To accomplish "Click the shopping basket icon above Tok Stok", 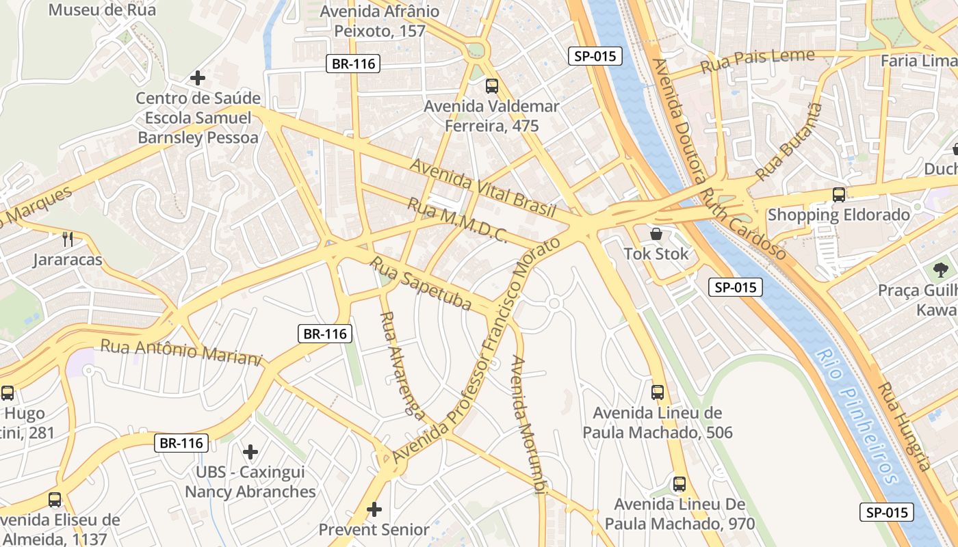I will pyautogui.click(x=656, y=235).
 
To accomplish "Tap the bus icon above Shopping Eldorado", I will pyautogui.click(x=839, y=195).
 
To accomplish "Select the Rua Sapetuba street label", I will pyautogui.click(x=421, y=282).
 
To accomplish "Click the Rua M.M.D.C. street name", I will pyautogui.click(x=456, y=220).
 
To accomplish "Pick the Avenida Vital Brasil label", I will pyautogui.click(x=482, y=188).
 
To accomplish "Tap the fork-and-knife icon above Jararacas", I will pyautogui.click(x=68, y=239).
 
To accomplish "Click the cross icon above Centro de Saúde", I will pyautogui.click(x=198, y=78).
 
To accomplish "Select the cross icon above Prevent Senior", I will pyautogui.click(x=374, y=509).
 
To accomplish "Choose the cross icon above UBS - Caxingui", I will pyautogui.click(x=250, y=452).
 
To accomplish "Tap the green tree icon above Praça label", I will pyautogui.click(x=941, y=269).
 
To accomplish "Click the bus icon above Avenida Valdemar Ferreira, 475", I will pyautogui.click(x=491, y=86).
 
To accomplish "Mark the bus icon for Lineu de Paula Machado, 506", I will pyautogui.click(x=657, y=392).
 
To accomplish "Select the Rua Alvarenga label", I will pyautogui.click(x=402, y=363).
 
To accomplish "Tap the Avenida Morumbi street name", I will pyautogui.click(x=530, y=424).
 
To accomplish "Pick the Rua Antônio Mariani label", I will pyautogui.click(x=181, y=352).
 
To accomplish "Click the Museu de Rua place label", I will pyautogui.click(x=102, y=10).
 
